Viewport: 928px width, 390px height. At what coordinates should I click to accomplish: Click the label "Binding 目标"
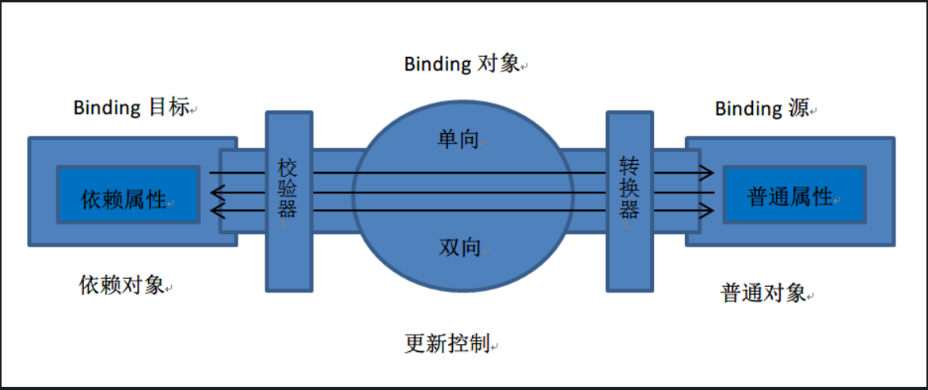tap(131, 107)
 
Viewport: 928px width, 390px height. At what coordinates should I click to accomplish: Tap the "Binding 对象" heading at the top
tap(462, 64)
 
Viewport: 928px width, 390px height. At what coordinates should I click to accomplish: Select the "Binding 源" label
tap(762, 108)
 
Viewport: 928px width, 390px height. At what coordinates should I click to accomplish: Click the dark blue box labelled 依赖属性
tap(127, 194)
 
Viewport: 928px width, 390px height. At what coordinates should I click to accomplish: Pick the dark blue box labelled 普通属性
tap(793, 194)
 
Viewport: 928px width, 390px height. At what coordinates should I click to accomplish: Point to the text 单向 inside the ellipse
tap(458, 138)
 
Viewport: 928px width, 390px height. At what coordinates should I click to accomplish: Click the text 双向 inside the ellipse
tap(460, 247)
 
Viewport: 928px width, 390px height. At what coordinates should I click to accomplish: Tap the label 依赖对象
tap(122, 285)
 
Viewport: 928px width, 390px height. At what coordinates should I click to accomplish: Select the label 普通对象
tap(763, 292)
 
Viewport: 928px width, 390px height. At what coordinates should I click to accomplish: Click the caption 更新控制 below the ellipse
tap(447, 343)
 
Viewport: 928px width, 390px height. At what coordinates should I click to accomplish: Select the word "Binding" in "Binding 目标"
tap(107, 107)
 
